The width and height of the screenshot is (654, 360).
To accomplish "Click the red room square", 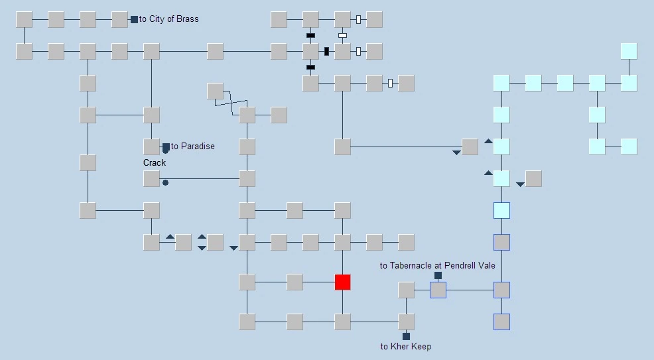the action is [342, 282].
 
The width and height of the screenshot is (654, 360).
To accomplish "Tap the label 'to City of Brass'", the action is [169, 19].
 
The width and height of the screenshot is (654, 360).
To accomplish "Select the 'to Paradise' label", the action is [193, 147].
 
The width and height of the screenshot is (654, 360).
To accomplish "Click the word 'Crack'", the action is [155, 163].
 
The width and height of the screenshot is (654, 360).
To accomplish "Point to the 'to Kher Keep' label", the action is [406, 346].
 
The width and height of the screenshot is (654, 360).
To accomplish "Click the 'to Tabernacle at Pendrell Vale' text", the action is [438, 265].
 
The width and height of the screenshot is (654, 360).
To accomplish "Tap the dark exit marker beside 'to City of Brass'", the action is [134, 20].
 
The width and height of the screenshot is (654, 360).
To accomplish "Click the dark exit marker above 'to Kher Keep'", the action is [406, 336].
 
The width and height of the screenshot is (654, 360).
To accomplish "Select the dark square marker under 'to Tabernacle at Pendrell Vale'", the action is [438, 275].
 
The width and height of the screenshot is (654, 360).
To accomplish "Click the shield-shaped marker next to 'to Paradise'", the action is [166, 149].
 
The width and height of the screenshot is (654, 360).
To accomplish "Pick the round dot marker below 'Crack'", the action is [166, 182].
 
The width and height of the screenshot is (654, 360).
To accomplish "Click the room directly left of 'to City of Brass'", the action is [119, 20].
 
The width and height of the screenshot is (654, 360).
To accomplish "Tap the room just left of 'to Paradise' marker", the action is [151, 147].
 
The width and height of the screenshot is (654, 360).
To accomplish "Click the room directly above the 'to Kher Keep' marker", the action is [406, 322].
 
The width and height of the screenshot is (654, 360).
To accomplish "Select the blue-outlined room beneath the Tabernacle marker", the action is [438, 290].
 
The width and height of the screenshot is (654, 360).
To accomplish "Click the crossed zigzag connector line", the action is [231, 103].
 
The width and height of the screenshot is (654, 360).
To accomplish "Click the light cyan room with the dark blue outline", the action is [501, 210].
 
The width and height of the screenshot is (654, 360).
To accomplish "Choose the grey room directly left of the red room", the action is [295, 282].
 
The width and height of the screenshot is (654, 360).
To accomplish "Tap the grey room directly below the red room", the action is [342, 322].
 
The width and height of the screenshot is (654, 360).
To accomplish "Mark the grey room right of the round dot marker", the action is [247, 179].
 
